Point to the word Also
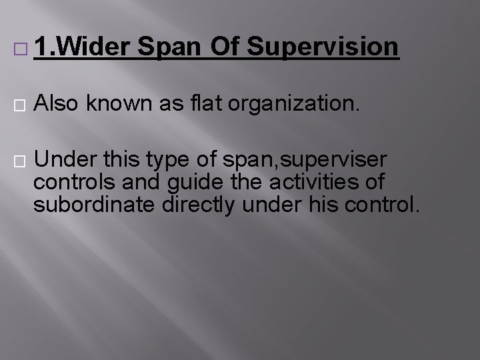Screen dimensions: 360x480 click(x=56, y=105)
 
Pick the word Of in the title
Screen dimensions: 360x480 click(x=224, y=48)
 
